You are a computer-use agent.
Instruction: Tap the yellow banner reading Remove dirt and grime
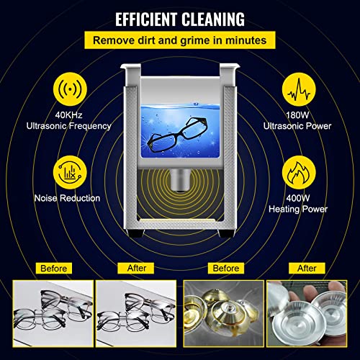tap(180, 42)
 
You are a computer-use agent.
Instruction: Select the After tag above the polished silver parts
tap(307, 268)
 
